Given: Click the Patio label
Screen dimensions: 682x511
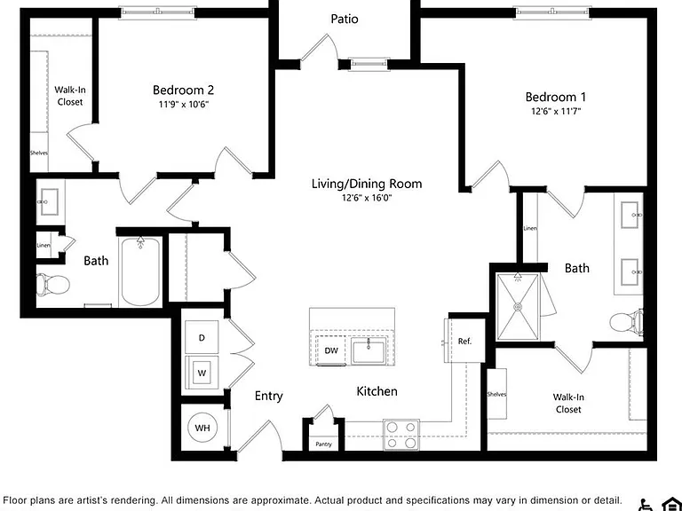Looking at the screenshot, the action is point(345,19).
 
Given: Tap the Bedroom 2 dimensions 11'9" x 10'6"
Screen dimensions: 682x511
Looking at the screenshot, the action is point(183,105).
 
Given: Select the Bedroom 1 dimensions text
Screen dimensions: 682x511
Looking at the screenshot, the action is point(556,111).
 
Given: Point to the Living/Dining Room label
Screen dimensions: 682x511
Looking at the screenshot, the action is point(367,184).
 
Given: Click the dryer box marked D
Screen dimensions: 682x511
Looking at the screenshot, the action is point(202,337).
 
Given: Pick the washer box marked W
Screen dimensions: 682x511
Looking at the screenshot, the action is point(202,373).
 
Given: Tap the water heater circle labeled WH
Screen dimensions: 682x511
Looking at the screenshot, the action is point(202,428).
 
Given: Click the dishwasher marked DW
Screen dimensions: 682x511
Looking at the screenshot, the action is point(331,350).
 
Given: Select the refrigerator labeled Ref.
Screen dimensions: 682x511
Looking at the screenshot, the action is point(464,341).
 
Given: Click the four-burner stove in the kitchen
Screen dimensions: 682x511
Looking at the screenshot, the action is point(401,435).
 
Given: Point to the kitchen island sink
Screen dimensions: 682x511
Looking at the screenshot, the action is point(369,352).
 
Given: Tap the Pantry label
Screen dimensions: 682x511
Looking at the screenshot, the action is point(323,444).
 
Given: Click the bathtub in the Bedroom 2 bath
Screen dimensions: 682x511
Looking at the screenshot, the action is point(140,272).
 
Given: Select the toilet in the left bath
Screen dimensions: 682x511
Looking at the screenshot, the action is point(53,285).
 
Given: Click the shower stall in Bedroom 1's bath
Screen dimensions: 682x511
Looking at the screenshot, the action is point(518,307).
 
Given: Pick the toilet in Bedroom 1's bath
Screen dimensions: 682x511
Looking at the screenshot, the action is point(626,322).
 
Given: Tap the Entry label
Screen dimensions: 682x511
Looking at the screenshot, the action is point(269,396).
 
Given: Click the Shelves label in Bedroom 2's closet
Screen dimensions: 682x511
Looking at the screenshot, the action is point(39,153).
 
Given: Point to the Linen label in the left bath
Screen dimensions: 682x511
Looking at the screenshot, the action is point(44,246).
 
